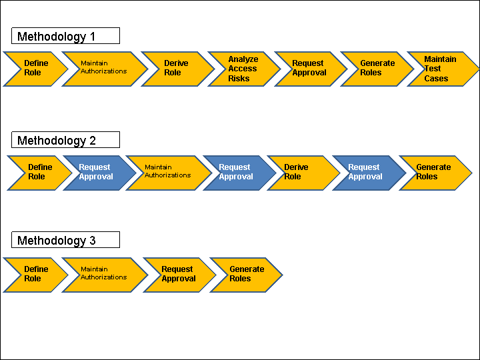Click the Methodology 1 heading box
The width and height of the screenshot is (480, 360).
click(x=65, y=36)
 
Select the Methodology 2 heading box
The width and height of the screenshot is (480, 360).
click(x=65, y=140)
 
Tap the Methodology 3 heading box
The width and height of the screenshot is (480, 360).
click(x=65, y=240)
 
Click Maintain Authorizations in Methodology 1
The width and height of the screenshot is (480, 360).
click(x=104, y=69)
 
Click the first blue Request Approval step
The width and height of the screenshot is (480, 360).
click(x=97, y=173)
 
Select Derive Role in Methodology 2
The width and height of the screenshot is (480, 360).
click(x=297, y=173)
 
